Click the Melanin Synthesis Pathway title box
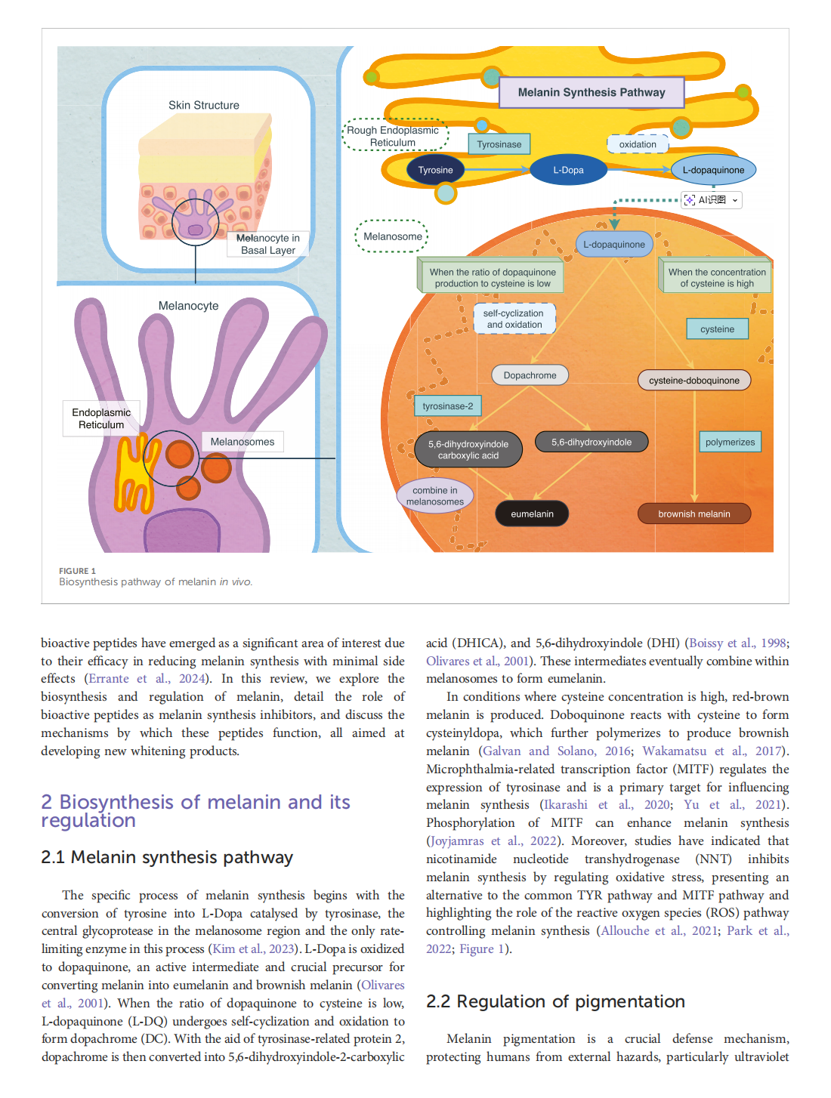[591, 93]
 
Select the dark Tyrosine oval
[435, 170]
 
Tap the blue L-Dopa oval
[568, 170]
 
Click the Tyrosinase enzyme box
[499, 144]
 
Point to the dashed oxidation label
[638, 144]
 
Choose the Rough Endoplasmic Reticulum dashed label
[393, 136]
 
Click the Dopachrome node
[530, 375]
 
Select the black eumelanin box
[532, 514]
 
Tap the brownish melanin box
[694, 514]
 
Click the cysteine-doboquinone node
[694, 381]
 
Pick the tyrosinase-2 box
[448, 406]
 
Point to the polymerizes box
[730, 443]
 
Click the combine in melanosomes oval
[435, 496]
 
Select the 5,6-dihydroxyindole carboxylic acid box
[468, 450]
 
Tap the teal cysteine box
[717, 329]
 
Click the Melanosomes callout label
[243, 442]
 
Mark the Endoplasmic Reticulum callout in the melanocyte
[101, 418]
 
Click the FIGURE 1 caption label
[78, 571]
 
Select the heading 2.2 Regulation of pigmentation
[555, 1002]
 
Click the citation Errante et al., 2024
[147, 679]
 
